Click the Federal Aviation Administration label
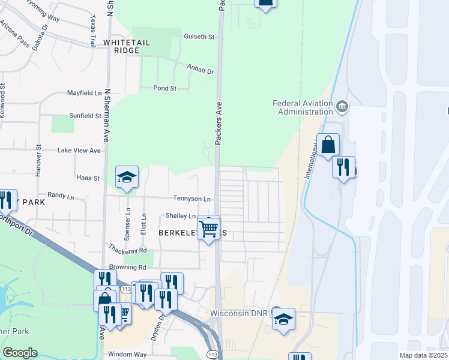(x=303, y=107)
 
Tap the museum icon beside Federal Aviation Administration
(x=342, y=107)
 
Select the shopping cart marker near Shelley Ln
(x=208, y=228)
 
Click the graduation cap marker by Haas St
(x=127, y=178)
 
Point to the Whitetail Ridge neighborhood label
(x=130, y=47)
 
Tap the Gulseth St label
(x=199, y=37)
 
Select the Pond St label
(x=164, y=88)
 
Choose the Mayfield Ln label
(x=84, y=94)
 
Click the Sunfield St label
(x=85, y=115)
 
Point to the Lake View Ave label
(x=79, y=150)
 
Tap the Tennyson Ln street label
(x=192, y=199)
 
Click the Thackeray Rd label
(x=127, y=248)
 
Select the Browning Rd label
(x=127, y=267)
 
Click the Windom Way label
(x=128, y=355)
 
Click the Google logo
(x=20, y=353)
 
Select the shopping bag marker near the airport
(x=329, y=145)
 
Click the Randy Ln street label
(x=60, y=195)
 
